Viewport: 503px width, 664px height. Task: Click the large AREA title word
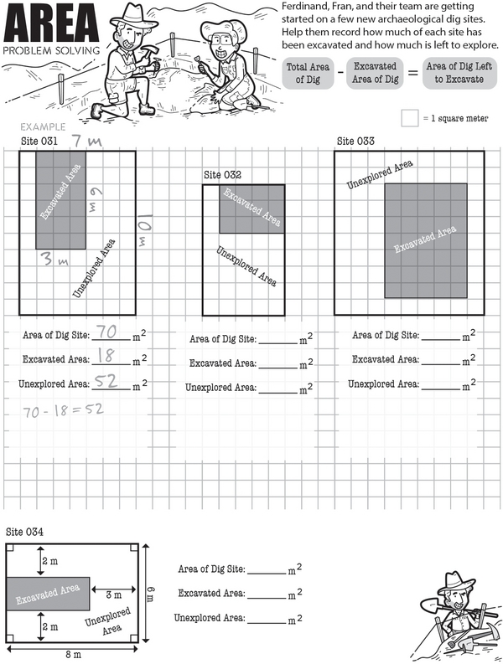[x=51, y=23]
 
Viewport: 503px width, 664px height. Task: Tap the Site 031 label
[x=39, y=142]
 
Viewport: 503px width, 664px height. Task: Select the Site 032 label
[x=223, y=175]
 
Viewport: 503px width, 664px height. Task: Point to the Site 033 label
[x=355, y=142]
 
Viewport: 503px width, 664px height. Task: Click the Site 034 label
[x=24, y=532]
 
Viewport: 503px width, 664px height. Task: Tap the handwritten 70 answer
[x=107, y=332]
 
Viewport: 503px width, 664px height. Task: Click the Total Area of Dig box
[x=309, y=72]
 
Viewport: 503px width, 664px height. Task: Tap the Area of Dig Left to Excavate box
[x=454, y=72]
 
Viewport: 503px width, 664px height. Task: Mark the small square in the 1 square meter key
[x=409, y=118]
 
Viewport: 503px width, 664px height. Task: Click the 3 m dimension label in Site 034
[x=115, y=595]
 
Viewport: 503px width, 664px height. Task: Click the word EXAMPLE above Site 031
[x=39, y=127]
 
